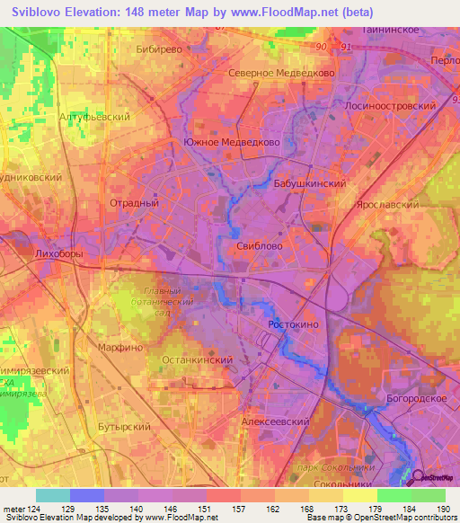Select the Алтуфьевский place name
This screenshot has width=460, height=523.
(x=93, y=118)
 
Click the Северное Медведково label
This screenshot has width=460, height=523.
(x=281, y=73)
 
